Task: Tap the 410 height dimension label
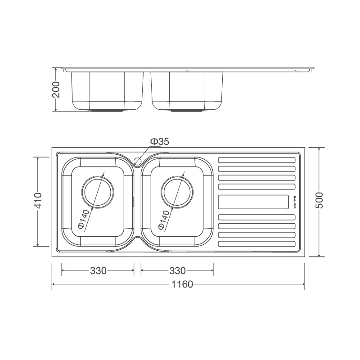pos(38,201)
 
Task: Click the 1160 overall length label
pos(181,284)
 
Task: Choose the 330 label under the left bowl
pos(98,271)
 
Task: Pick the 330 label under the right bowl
pos(177,271)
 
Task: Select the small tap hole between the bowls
pos(138,160)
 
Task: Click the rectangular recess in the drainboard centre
pos(253,202)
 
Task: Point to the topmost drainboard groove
pos(257,160)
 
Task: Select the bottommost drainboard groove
pos(257,244)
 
